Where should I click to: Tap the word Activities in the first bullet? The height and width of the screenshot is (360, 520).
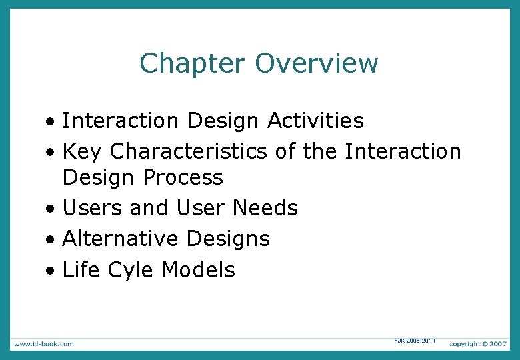(315, 121)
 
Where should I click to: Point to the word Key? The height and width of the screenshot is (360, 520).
(82, 151)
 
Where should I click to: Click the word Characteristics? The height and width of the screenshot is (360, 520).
(190, 151)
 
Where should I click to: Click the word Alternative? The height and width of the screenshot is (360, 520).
(120, 239)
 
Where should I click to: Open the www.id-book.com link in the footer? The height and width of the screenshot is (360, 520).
(43, 343)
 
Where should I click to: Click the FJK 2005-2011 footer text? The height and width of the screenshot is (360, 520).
(415, 341)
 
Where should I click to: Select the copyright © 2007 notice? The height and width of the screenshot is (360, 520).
(478, 343)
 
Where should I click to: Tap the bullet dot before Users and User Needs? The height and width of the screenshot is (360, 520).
(51, 209)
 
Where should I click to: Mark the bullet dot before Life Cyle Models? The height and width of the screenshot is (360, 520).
(51, 271)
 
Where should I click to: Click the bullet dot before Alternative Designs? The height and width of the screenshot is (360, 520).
(51, 240)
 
